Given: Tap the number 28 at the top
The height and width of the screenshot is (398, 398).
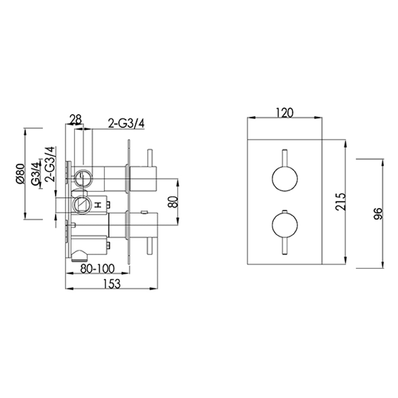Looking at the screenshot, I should click(76, 119).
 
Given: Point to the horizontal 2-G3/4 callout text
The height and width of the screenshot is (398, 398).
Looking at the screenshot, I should click(126, 124).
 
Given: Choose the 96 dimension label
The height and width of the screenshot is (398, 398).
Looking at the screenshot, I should click(378, 214).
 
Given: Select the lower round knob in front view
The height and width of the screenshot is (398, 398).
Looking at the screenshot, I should click(284, 225).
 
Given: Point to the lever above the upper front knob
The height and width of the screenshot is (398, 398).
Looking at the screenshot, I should click(284, 158).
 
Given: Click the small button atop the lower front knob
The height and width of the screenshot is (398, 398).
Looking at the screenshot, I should click(284, 211).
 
